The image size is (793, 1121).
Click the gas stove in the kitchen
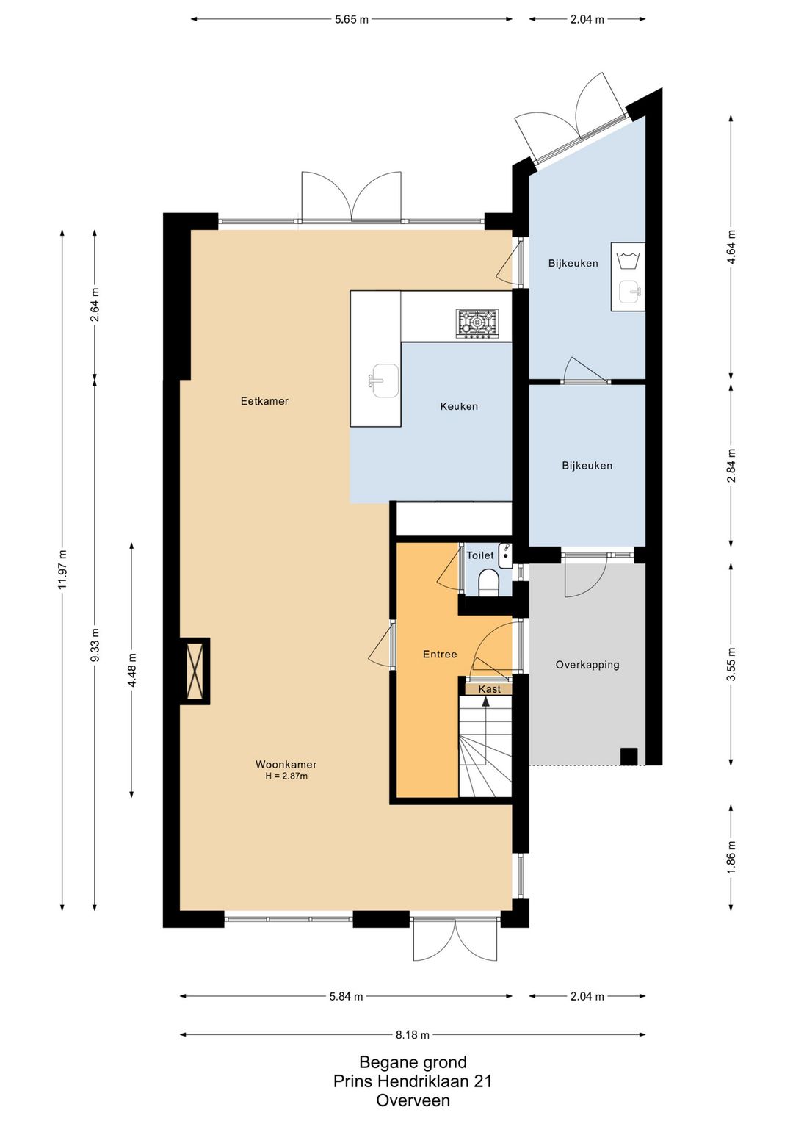pyautogui.click(x=477, y=323)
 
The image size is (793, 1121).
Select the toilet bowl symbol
pyautogui.click(x=489, y=584)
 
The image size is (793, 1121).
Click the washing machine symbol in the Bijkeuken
pyautogui.click(x=628, y=260)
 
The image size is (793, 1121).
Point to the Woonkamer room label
pyautogui.click(x=286, y=764)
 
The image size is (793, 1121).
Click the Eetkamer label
pyautogui.click(x=264, y=401)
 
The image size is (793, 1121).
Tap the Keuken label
pyautogui.click(x=459, y=406)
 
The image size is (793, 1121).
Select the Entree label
pyautogui.click(x=440, y=654)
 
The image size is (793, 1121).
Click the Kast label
pyautogui.click(x=489, y=689)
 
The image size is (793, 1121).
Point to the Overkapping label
pyautogui.click(x=587, y=665)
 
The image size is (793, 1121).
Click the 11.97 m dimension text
pyautogui.click(x=62, y=570)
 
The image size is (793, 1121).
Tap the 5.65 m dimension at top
pyautogui.click(x=351, y=20)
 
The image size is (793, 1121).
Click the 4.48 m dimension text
pyautogui.click(x=132, y=670)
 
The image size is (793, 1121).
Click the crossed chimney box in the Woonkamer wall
pyautogui.click(x=194, y=671)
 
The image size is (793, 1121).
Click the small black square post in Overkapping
pyautogui.click(x=629, y=756)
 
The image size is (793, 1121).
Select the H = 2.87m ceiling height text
pyautogui.click(x=286, y=776)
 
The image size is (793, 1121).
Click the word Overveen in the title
pyautogui.click(x=413, y=1100)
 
